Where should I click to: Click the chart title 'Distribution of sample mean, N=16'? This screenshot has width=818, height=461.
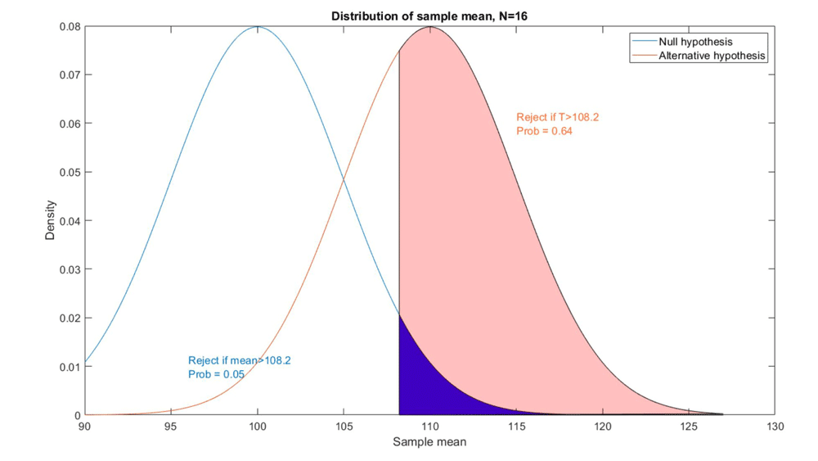click(x=429, y=16)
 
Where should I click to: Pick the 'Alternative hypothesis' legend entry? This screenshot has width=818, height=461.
click(x=712, y=56)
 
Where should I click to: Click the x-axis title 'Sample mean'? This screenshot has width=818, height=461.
click(x=429, y=443)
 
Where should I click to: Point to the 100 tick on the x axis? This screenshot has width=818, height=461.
click(x=258, y=426)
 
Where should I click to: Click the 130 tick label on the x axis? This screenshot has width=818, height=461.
click(x=775, y=426)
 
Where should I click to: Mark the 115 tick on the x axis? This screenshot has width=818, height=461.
click(x=516, y=426)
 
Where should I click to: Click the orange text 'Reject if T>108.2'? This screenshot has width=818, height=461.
click(x=558, y=117)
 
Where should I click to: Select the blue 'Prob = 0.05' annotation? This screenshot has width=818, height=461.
click(x=214, y=374)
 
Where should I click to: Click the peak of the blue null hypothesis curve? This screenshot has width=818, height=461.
click(x=258, y=27)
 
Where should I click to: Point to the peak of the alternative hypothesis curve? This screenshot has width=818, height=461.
click(x=430, y=27)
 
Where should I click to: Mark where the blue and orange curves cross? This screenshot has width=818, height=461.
click(x=344, y=180)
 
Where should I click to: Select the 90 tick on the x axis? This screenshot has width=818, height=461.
click(x=84, y=426)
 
